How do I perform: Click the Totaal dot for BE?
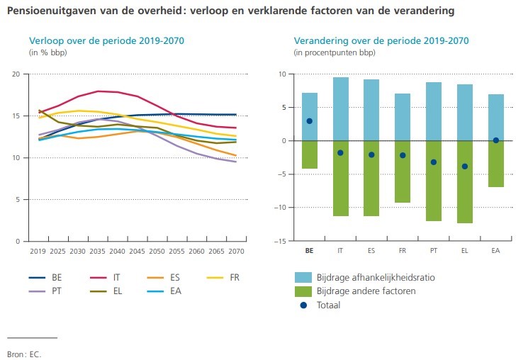[x=309, y=121]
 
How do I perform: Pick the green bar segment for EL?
[x=465, y=181]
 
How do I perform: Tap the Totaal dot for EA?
[x=495, y=140]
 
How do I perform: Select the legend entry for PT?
[x=50, y=291]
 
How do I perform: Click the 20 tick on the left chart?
[x=17, y=74]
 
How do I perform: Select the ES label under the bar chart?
[x=371, y=251]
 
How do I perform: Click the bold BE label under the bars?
[x=309, y=251]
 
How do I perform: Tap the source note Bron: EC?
[x=22, y=352]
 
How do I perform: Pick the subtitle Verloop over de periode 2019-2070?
[x=106, y=40]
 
